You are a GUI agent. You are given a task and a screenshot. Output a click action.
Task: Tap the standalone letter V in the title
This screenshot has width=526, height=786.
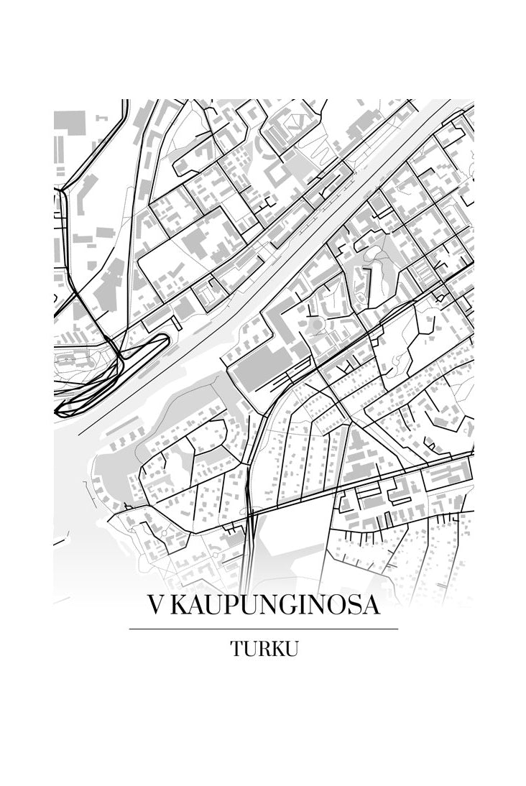pos(157,606)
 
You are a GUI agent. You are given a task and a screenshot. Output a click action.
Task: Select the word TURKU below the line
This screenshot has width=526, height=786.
pos(264,648)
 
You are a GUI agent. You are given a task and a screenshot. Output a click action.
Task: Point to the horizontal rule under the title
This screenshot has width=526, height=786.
pos(263,629)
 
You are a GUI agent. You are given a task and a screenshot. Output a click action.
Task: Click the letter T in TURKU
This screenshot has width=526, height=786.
pos(236,648)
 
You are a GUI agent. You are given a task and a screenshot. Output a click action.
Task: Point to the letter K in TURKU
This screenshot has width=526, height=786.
pos(277,648)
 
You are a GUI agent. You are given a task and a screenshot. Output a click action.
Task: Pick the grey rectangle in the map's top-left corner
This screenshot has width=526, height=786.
pos(70,123)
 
